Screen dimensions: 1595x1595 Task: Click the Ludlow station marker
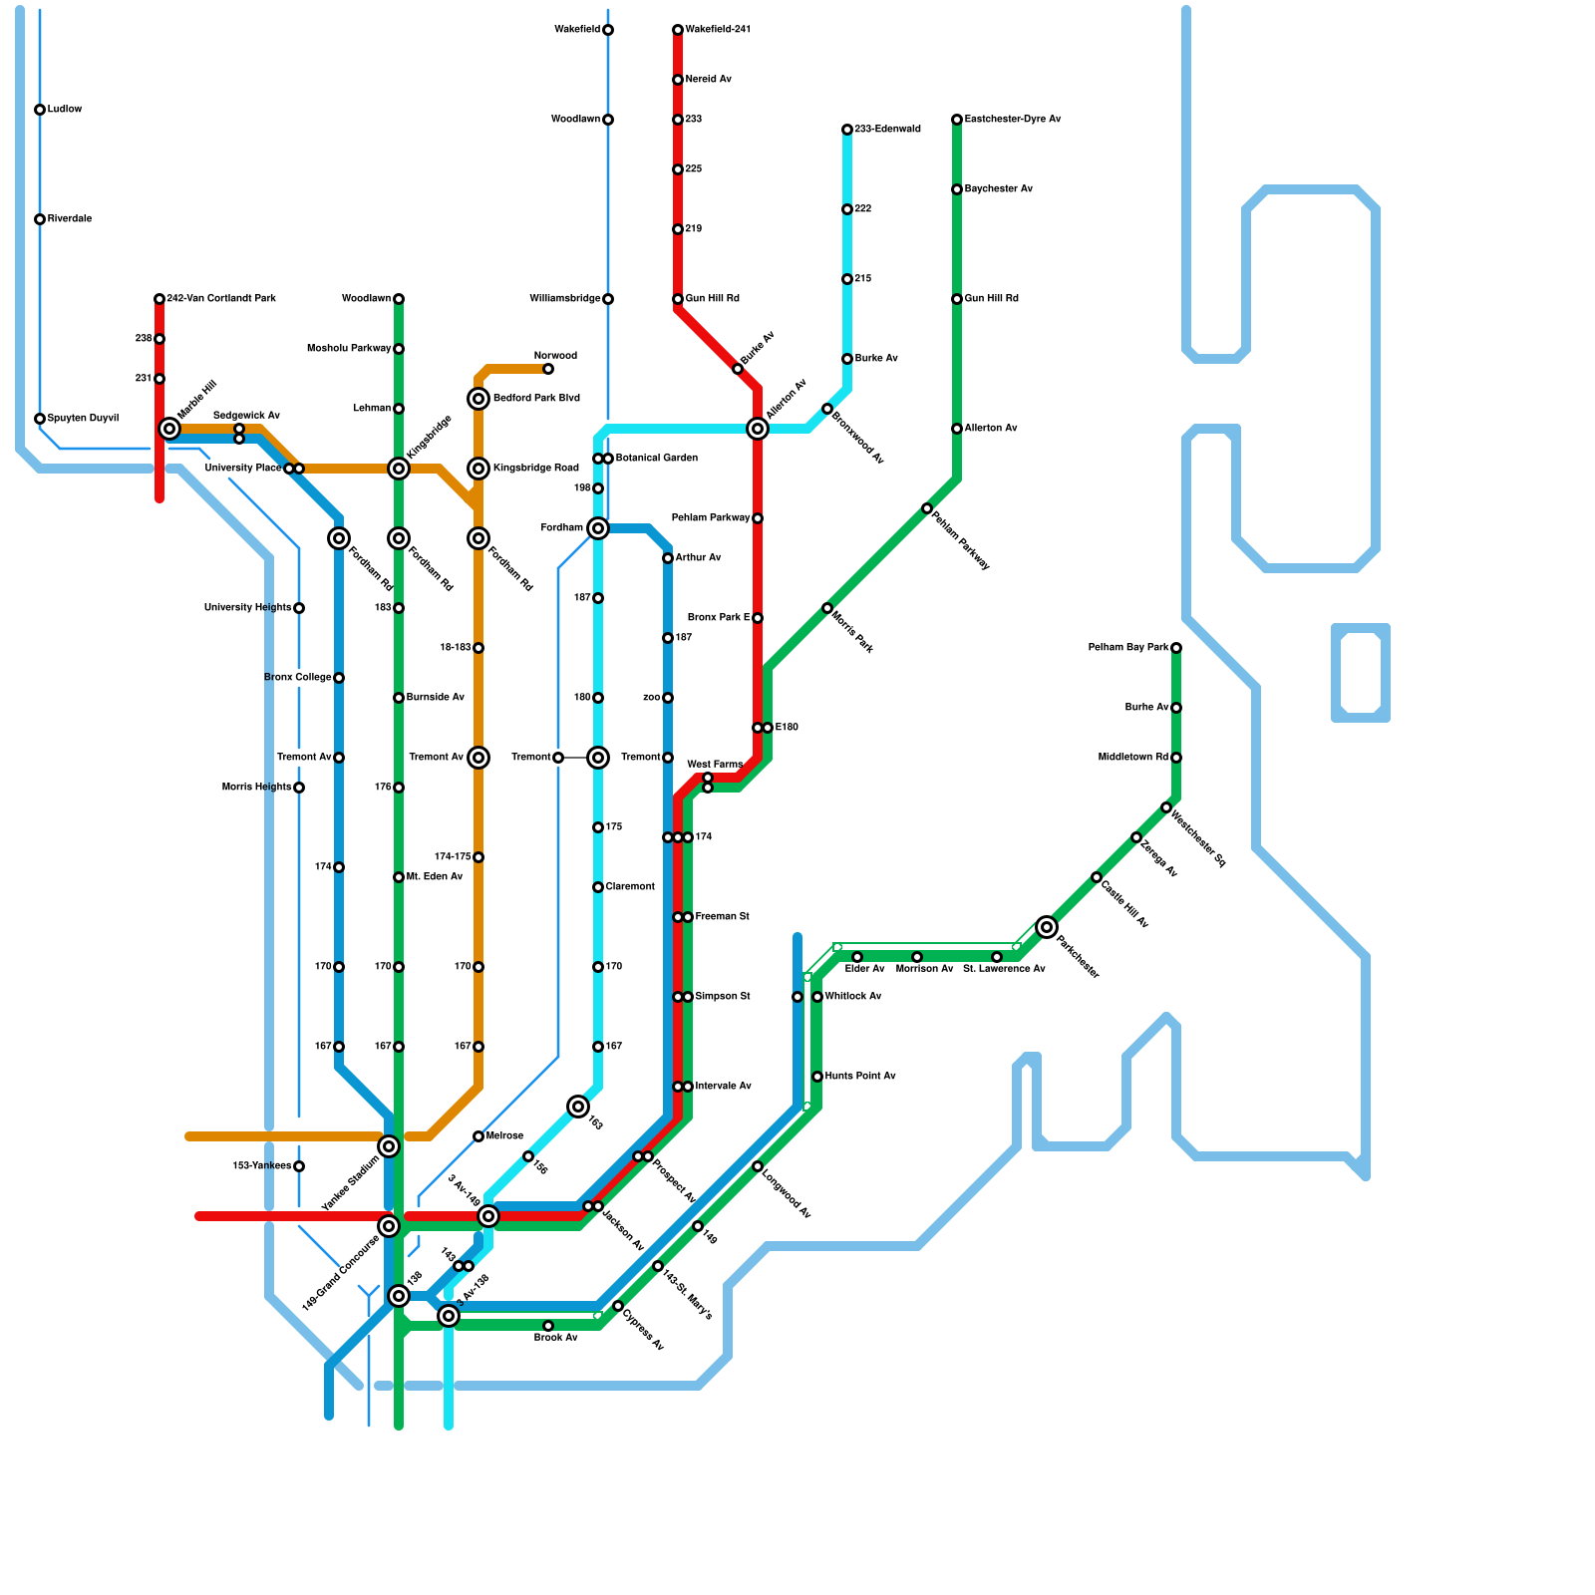pos(40,110)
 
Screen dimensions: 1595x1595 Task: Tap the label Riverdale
pos(70,219)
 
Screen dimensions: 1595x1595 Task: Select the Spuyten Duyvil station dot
pos(40,419)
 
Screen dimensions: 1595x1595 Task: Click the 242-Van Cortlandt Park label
pos(221,299)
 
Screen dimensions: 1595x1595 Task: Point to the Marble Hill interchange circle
pos(169,429)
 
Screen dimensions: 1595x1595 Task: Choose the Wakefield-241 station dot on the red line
pos(678,30)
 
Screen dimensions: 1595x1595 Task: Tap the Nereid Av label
pos(709,80)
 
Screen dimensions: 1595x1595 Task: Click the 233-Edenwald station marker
pos(847,130)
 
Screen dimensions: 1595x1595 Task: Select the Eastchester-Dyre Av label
pos(1013,120)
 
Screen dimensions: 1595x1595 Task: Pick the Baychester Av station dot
pos(957,189)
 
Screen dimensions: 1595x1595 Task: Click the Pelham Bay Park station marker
pos(1176,648)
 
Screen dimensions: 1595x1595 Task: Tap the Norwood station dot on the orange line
pos(548,369)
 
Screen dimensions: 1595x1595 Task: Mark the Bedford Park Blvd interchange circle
pos(478,399)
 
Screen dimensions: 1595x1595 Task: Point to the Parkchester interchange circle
pos(1047,927)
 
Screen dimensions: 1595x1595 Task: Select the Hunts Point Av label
pos(860,1077)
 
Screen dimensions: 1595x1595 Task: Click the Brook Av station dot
pos(548,1326)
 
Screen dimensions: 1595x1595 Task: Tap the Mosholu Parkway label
pos(349,349)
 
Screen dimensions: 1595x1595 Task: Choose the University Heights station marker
pos(299,608)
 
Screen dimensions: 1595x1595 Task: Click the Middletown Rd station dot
pos(1176,758)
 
